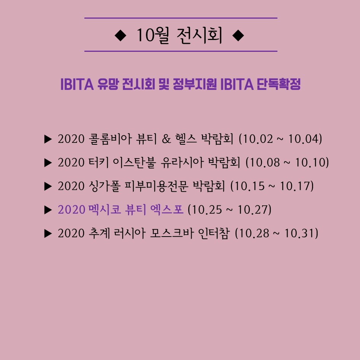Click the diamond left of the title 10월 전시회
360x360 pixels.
coord(120,35)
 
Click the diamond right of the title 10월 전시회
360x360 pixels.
coord(238,35)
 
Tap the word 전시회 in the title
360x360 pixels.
coord(200,35)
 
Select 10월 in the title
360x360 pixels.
coord(153,35)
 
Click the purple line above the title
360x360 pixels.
coord(181,18)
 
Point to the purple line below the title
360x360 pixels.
coord(181,51)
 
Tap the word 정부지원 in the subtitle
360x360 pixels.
coord(194,84)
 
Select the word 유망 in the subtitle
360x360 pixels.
coord(108,84)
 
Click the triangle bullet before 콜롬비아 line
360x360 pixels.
coord(48,139)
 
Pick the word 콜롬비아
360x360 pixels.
coord(110,139)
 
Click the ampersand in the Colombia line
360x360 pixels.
coord(166,139)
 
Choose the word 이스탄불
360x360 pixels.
coord(134,163)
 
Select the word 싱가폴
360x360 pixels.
coord(104,186)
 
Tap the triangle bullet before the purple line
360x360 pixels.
coord(48,210)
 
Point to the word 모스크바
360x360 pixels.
coord(171,233)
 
